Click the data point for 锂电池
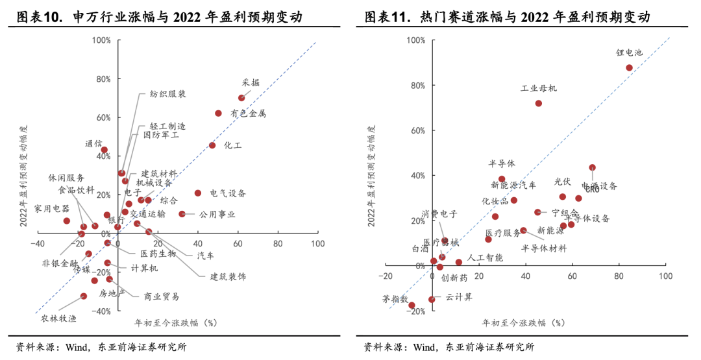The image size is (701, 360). (629, 67)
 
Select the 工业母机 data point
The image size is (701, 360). (539, 103)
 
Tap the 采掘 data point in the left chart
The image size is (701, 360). (241, 98)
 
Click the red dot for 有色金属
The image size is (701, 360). (218, 113)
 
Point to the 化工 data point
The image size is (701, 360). (212, 145)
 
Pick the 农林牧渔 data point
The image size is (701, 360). (84, 296)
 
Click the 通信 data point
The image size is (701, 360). (104, 150)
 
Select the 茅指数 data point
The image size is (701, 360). (411, 305)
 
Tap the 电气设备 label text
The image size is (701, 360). (228, 193)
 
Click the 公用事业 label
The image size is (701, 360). (217, 214)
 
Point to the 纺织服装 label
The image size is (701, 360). (168, 94)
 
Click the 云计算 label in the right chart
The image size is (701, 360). (459, 297)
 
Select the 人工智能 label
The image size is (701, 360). (485, 258)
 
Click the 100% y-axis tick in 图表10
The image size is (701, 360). (101, 40)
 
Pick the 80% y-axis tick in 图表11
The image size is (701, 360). (415, 85)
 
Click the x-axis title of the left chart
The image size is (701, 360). (175, 322)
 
